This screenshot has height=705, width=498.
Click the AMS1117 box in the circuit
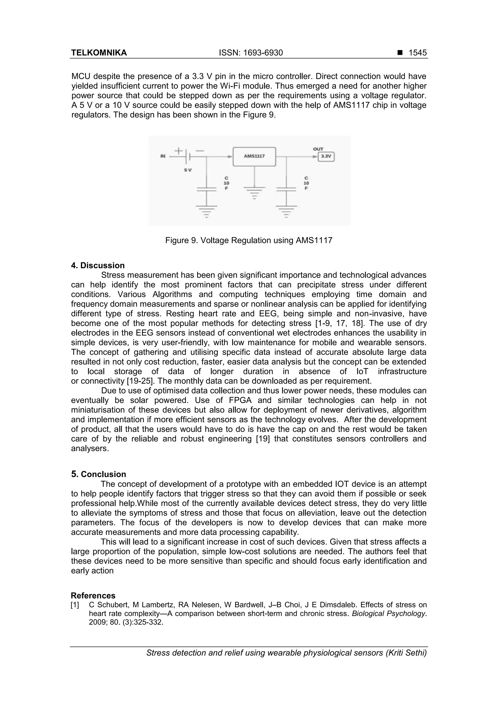[254, 156]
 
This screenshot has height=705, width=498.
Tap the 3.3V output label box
[326, 156]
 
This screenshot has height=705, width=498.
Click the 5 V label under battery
[188, 170]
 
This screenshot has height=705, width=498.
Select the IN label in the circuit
[163, 156]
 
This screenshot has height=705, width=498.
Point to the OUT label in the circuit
[318, 149]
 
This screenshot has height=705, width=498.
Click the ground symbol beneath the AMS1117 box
[254, 192]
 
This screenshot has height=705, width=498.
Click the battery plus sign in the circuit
[178, 151]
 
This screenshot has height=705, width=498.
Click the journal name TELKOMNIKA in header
[99, 53]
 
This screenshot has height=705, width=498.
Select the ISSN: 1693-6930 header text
[251, 53]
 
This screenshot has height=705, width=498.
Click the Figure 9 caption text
[249, 240]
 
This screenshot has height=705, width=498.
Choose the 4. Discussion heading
[98, 265]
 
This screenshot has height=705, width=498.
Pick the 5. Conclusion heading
[98, 474]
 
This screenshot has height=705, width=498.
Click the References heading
[93, 596]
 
